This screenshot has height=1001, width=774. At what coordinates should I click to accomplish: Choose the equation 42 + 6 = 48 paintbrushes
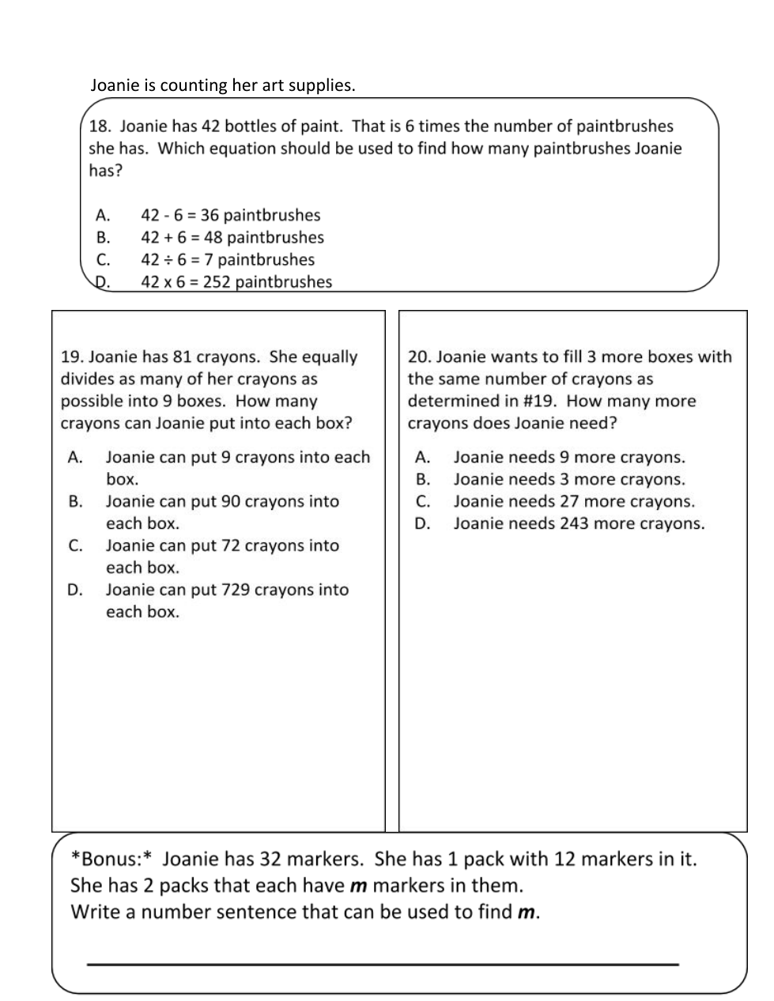(x=232, y=237)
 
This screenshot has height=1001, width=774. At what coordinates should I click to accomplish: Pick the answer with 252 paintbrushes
(x=236, y=281)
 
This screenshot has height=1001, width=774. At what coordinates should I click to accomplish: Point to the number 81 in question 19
(x=183, y=357)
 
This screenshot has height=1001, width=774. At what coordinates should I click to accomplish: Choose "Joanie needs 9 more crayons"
(x=568, y=457)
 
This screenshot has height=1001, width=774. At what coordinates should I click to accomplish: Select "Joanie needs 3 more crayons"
(x=568, y=479)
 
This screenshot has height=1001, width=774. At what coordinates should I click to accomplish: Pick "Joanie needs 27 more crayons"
(x=573, y=501)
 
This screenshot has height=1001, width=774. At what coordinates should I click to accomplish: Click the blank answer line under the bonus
(x=383, y=964)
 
